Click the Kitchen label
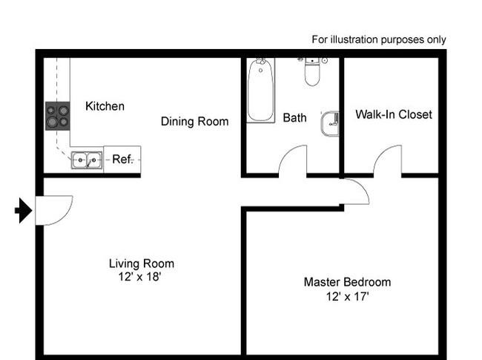point(105,106)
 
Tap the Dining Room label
point(194,121)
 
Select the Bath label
point(294,117)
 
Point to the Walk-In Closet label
point(394,114)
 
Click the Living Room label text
point(142,264)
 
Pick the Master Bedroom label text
point(347,282)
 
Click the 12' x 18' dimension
point(139,277)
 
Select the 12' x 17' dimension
point(347,296)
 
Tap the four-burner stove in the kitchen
point(58,116)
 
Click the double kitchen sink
point(87,160)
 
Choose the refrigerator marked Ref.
point(122,160)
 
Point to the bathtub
point(261,91)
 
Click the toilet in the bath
point(312,71)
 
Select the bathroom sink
point(329,123)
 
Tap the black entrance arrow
point(24,211)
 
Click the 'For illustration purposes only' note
point(379,39)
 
